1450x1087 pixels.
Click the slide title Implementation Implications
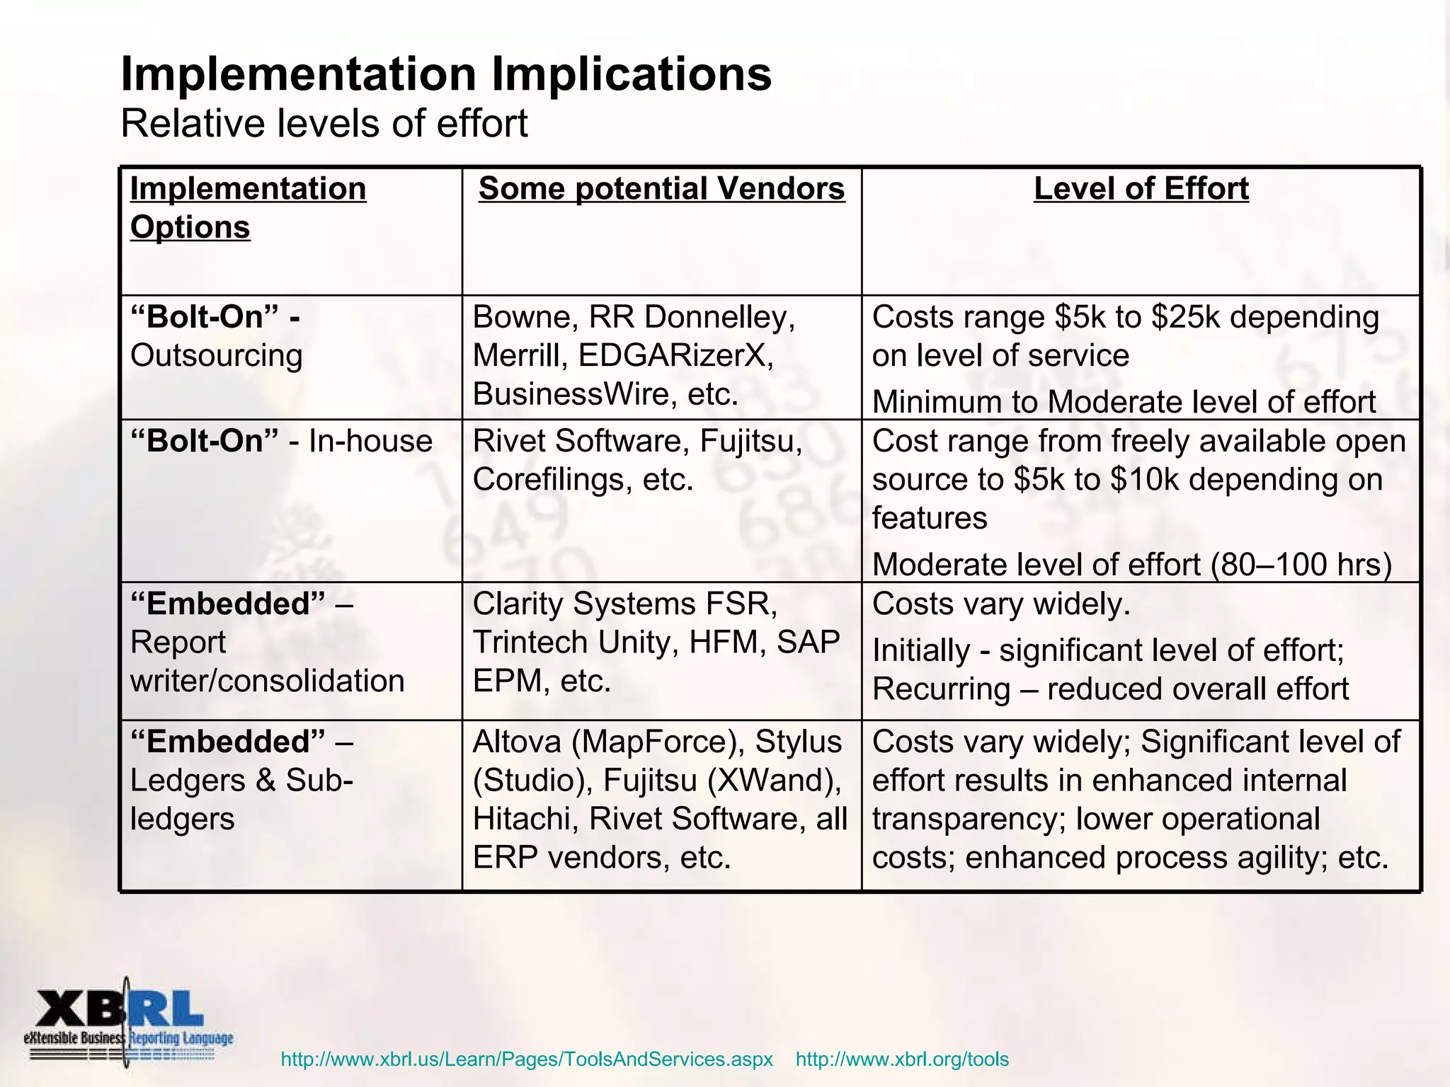pyautogui.click(x=446, y=74)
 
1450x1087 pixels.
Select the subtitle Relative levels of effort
pyautogui.click(x=324, y=124)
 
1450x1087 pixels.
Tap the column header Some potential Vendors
pyautogui.click(x=661, y=189)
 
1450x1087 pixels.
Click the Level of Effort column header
pyautogui.click(x=1141, y=189)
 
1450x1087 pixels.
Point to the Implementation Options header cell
pyautogui.click(x=248, y=207)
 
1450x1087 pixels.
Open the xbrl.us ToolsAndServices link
pyautogui.click(x=527, y=1059)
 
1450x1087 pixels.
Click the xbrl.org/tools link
pyautogui.click(x=902, y=1059)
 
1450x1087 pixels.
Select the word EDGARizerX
pyautogui.click(x=675, y=355)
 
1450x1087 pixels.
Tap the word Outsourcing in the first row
pyautogui.click(x=216, y=355)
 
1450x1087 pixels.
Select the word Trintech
pyautogui.click(x=530, y=643)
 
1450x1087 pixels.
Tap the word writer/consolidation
pyautogui.click(x=268, y=681)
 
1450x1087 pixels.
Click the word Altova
pyautogui.click(x=516, y=742)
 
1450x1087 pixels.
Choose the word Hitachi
pyautogui.click(x=525, y=819)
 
